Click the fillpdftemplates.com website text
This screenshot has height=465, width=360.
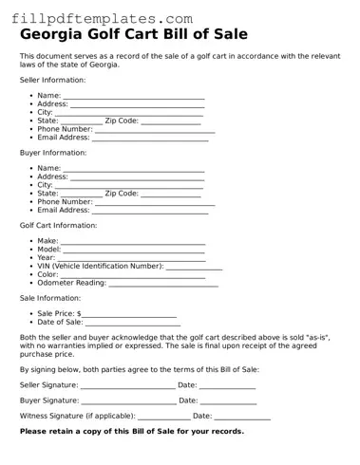click(x=102, y=18)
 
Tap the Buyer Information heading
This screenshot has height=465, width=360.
click(x=52, y=152)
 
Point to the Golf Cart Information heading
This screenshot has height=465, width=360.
click(x=58, y=225)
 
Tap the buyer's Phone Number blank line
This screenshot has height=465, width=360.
click(x=155, y=202)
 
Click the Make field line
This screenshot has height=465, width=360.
click(x=133, y=242)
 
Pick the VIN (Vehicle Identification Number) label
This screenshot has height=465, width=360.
click(x=100, y=267)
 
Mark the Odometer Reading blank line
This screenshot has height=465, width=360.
click(x=163, y=283)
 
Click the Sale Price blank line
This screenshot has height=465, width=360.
click(x=129, y=314)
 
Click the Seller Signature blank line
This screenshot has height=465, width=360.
click(x=127, y=385)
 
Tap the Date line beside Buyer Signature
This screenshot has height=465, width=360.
click(x=228, y=401)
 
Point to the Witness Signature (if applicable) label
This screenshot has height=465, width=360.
click(x=77, y=416)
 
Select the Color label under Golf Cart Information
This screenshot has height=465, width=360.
click(x=47, y=274)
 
